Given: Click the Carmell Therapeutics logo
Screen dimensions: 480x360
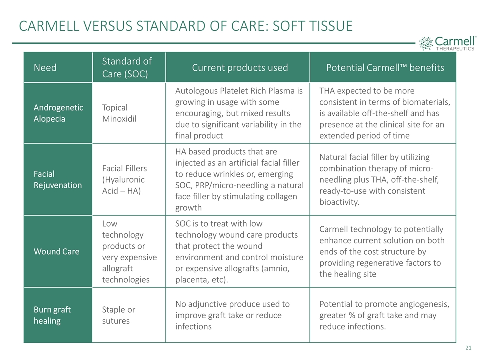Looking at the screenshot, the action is pyautogui.click(x=447, y=43).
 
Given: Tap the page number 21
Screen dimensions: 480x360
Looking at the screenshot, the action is pyautogui.click(x=468, y=348).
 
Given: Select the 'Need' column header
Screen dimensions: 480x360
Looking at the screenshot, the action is pyautogui.click(x=45, y=67).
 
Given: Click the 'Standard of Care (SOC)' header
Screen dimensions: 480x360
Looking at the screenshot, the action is pyautogui.click(x=127, y=67).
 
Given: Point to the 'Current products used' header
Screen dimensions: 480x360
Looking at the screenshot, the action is pyautogui.click(x=240, y=67).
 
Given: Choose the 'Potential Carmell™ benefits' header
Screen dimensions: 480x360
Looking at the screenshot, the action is pyautogui.click(x=385, y=67).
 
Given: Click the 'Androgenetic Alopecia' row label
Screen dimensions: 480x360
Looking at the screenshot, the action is pyautogui.click(x=58, y=113).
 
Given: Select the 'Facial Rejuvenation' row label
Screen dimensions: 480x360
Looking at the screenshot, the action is pyautogui.click(x=58, y=179).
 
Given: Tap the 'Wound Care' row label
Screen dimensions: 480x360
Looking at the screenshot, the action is pyautogui.click(x=56, y=251).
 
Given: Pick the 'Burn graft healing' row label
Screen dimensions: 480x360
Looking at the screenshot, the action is pyautogui.click(x=52, y=315).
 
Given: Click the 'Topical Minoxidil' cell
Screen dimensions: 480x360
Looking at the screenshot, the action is pyautogui.click(x=119, y=113).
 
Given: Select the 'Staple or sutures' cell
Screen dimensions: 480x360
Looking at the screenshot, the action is pyautogui.click(x=119, y=315).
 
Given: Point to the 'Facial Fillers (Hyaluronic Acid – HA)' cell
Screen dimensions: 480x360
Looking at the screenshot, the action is pyautogui.click(x=124, y=179).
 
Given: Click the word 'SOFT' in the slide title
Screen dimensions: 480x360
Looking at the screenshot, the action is pyautogui.click(x=288, y=26).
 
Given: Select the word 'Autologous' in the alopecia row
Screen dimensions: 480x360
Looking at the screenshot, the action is pyautogui.click(x=196, y=91).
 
